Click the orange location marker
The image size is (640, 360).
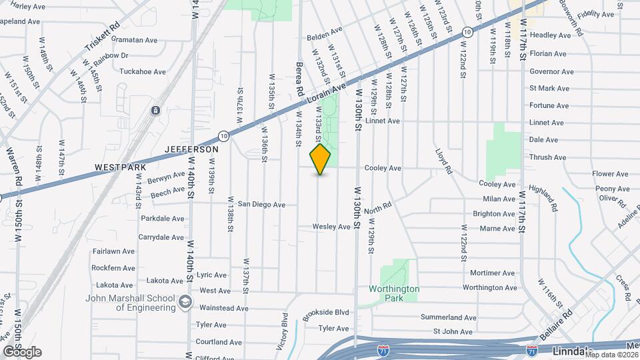[321, 159]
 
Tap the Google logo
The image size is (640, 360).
[22, 352]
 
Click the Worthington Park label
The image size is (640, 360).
[394, 293]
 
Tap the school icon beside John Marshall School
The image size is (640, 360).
[183, 303]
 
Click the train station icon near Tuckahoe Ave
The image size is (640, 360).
[155, 110]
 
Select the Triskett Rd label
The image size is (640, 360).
[102, 41]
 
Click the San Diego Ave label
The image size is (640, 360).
[261, 205]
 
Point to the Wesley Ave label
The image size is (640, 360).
[331, 227]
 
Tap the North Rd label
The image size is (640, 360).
[377, 209]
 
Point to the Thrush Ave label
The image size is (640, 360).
[547, 157]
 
